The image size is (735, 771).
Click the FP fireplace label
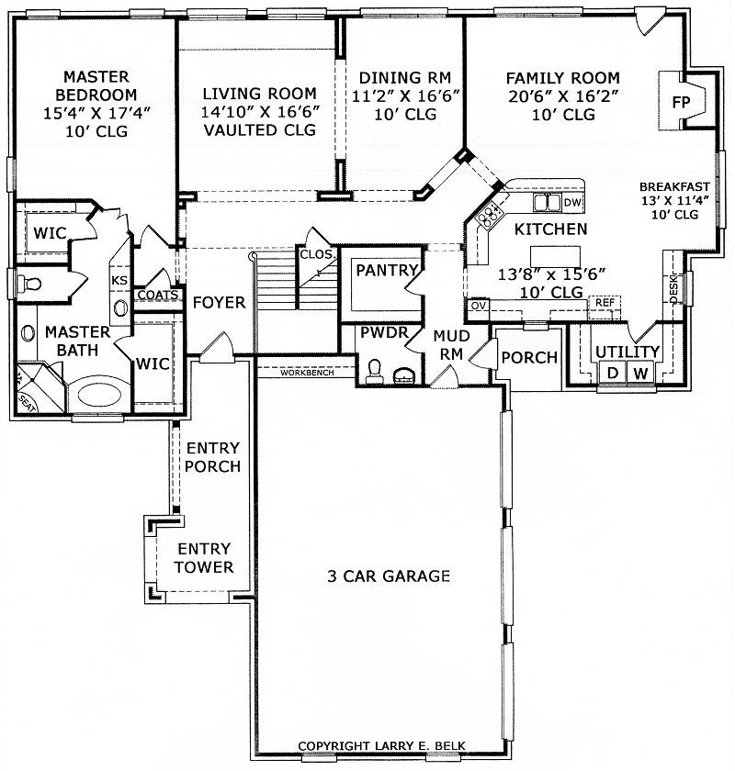pos(682,102)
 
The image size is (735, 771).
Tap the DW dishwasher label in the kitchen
pos(572,203)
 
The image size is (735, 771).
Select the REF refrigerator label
pos(605,302)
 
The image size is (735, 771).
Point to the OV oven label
pos(478,306)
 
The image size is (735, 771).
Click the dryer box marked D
pos(612,373)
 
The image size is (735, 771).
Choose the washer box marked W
pos(640,373)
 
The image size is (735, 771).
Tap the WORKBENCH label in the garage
pos(307,373)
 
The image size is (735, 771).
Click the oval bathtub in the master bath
pos(96,395)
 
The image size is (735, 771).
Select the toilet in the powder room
pos(374,371)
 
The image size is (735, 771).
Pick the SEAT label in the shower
pos(27,404)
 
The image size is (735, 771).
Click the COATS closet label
pos(158,295)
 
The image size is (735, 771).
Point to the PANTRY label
pos(387,270)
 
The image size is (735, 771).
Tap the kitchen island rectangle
pos(555,256)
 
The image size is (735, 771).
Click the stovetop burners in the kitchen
pos(489,215)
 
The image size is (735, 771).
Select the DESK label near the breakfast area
pos(674,289)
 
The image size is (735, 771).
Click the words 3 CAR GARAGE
pos(389,575)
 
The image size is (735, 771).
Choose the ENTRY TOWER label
pos(204,558)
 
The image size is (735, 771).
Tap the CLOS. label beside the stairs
pos(318,254)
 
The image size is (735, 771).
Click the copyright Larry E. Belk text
pos(381,746)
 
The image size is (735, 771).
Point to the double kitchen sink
pos(547,202)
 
